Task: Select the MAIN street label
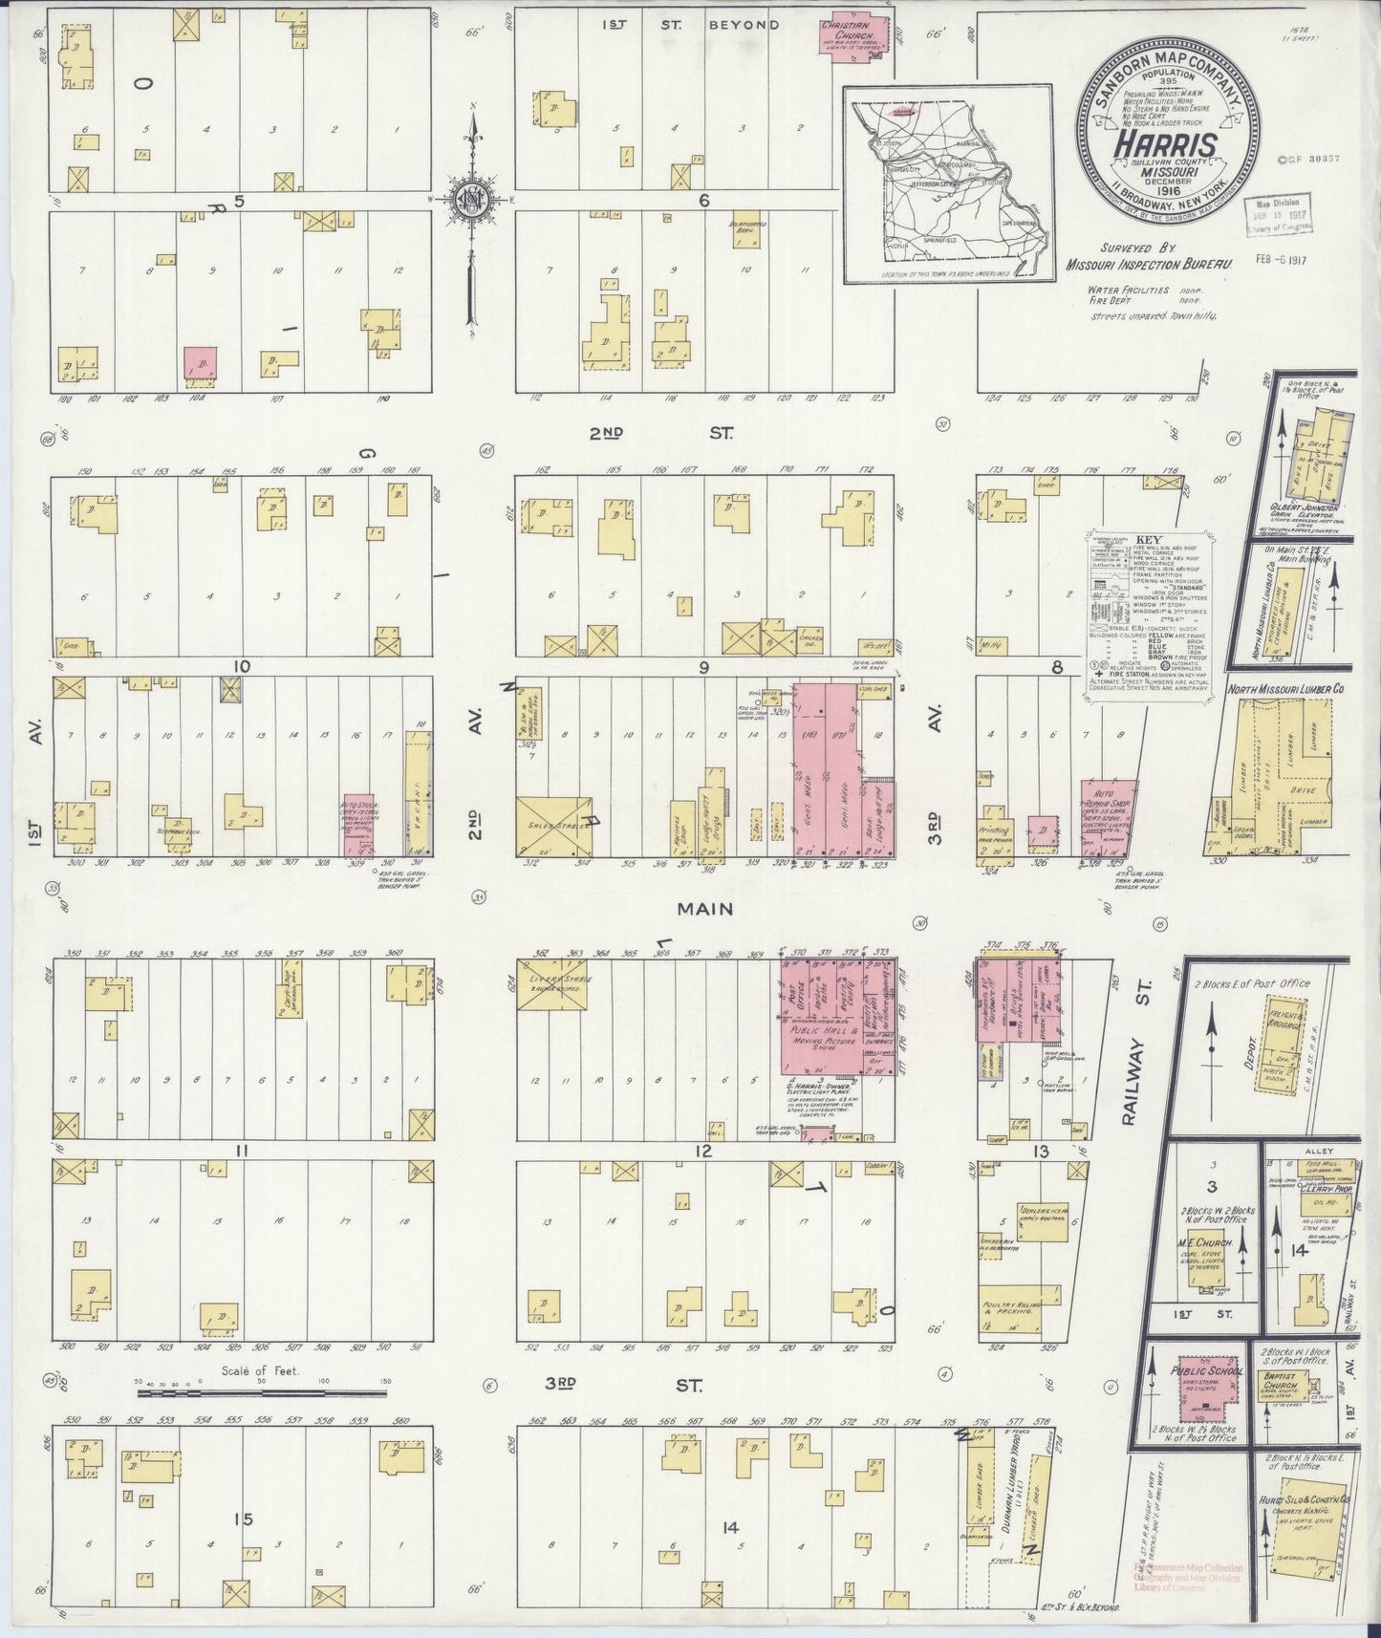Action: [705, 909]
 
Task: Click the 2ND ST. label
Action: [659, 433]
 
